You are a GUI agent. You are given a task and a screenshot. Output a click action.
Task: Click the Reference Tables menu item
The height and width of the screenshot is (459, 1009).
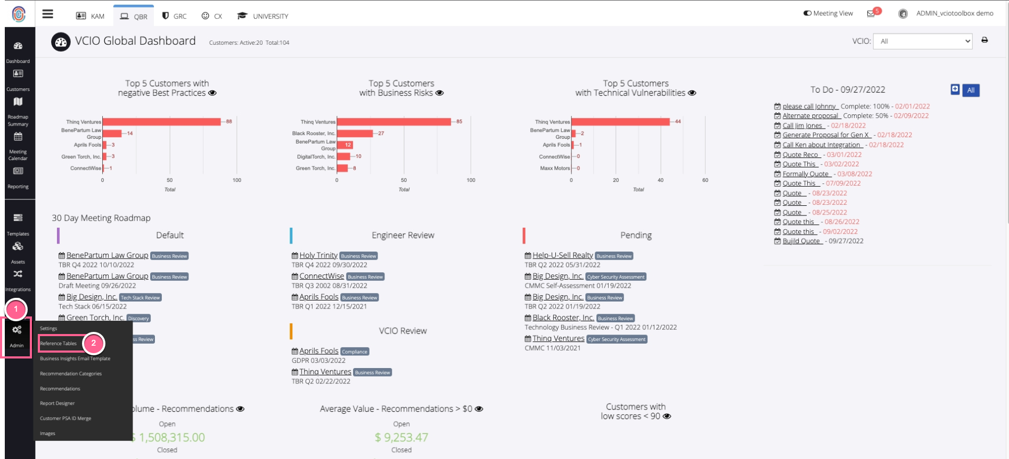pos(59,344)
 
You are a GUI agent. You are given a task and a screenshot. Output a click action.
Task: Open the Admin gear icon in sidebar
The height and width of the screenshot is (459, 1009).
pos(17,330)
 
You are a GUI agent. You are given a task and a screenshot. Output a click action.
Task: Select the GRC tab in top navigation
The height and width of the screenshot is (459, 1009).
pos(175,16)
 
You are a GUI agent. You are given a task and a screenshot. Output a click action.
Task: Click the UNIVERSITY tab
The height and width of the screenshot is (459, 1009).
pos(263,16)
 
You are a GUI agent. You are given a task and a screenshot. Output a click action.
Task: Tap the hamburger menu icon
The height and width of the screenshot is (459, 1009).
pos(48,14)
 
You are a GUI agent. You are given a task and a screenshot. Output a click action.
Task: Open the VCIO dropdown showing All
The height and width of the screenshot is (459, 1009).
pos(923,41)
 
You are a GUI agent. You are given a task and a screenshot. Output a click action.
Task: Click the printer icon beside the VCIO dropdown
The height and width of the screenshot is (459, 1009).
pos(985,40)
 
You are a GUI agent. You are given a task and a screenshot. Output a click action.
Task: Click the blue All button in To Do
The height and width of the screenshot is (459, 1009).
pos(971,90)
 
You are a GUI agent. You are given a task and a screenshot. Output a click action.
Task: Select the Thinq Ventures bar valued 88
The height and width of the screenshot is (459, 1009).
pos(161,122)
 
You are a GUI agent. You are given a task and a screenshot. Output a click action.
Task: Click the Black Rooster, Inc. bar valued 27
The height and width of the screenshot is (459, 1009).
pos(355,133)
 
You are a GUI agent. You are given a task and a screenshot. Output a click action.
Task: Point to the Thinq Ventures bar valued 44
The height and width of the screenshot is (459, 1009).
pos(620,122)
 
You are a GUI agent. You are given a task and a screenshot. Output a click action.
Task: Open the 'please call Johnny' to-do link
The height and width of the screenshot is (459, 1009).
pos(809,106)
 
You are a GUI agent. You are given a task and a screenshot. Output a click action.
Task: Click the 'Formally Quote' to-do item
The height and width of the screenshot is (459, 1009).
pos(806,174)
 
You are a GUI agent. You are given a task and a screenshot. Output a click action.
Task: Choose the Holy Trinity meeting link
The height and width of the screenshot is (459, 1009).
pos(318,255)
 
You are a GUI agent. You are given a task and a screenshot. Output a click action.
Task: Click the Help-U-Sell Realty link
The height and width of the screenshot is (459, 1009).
pos(562,255)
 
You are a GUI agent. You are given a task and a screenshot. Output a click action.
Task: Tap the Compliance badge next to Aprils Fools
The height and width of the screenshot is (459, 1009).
pos(355,352)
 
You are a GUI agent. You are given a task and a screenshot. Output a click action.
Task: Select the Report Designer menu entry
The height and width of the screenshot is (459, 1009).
pos(58,404)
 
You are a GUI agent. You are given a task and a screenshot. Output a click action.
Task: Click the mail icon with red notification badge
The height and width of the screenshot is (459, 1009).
pos(871,14)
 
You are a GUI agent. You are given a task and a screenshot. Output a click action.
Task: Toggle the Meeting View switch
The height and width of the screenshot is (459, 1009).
pos(808,13)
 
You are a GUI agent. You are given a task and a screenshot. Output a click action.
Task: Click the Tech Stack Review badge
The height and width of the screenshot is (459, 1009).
pos(140,298)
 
